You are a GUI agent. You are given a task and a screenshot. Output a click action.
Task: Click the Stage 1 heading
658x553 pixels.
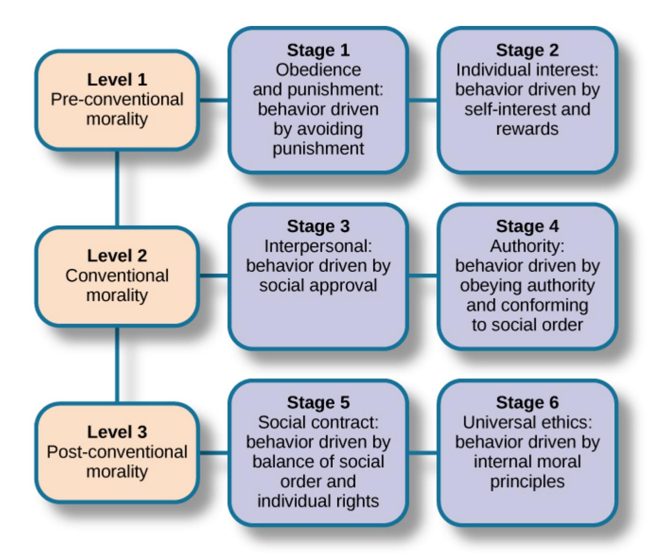pos(318,50)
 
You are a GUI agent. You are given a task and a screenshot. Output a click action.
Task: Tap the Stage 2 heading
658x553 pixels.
pos(527,50)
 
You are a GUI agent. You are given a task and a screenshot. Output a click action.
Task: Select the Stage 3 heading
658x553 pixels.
pos(318,226)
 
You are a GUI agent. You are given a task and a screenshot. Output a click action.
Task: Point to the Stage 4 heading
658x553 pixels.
pos(527,226)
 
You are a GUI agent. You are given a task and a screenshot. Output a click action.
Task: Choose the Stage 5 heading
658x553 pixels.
pos(318,402)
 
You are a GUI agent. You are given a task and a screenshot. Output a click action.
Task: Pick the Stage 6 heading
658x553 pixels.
pos(527,402)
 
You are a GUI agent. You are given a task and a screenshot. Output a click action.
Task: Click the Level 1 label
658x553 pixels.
pos(117,79)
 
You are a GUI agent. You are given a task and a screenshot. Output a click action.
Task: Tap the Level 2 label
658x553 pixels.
pos(117,255)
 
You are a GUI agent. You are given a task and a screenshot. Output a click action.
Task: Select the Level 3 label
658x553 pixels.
pos(117,432)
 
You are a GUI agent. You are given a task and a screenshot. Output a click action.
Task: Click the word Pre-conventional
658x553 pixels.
pos(117,99)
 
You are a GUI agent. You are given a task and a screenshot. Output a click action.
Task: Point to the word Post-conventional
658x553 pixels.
pos(117,452)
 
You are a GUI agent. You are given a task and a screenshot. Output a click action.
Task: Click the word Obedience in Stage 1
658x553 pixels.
pos(318,70)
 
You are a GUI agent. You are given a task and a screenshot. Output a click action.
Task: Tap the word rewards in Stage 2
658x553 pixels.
pos(527,128)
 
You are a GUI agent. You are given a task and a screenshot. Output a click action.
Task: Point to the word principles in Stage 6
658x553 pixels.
pos(527,482)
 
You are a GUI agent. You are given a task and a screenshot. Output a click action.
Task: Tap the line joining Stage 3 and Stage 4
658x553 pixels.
pos(423,276)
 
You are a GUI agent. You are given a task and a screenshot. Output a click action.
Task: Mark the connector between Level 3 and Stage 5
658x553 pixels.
pos(214,452)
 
